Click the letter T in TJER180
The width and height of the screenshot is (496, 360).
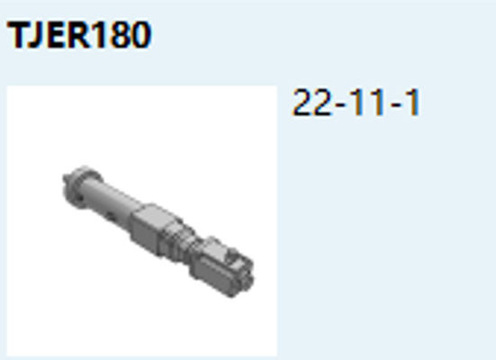coord(15,35)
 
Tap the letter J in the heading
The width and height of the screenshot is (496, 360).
coord(32,36)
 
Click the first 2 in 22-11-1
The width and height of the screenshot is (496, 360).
coord(302,103)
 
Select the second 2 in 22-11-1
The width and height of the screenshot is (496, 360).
coord(323,103)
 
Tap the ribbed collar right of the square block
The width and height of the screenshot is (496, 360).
coord(185,240)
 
